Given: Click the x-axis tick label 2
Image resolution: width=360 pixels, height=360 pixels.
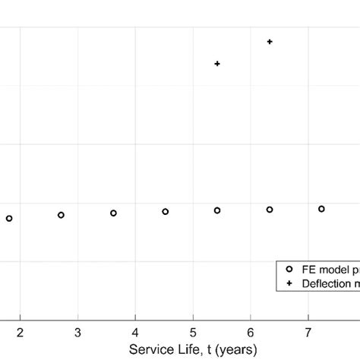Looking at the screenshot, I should [21, 332].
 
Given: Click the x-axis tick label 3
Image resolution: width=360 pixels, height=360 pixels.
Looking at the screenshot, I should [78, 332].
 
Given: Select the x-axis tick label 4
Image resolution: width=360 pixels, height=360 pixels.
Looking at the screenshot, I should [135, 332].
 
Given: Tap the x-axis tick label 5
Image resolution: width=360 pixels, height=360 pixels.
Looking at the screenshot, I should [193, 332].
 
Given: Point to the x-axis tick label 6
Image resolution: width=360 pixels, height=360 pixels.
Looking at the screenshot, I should [251, 332].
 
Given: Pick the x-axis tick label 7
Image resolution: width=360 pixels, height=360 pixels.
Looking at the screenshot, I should [308, 332].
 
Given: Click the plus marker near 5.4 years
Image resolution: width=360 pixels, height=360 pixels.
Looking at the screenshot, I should [217, 64].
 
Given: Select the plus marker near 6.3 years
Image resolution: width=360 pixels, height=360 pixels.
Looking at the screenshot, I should [270, 42].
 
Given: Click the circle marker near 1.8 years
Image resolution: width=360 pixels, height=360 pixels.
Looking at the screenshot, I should [9, 219].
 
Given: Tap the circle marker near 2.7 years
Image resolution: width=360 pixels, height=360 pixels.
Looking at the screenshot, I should [62, 215].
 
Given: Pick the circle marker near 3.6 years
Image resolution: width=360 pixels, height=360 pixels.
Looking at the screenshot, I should [113, 213].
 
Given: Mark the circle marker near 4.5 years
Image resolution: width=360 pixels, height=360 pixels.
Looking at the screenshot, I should [166, 212].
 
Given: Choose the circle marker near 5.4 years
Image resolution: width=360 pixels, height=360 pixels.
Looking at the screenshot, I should [217, 210].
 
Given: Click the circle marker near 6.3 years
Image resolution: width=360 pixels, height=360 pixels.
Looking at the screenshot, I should [270, 210].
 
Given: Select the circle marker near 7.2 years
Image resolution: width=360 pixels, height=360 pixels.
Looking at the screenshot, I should [321, 209].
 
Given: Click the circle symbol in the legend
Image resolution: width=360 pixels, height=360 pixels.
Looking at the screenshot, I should [289, 270].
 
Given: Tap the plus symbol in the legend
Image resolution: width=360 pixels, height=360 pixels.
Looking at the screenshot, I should [289, 283].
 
